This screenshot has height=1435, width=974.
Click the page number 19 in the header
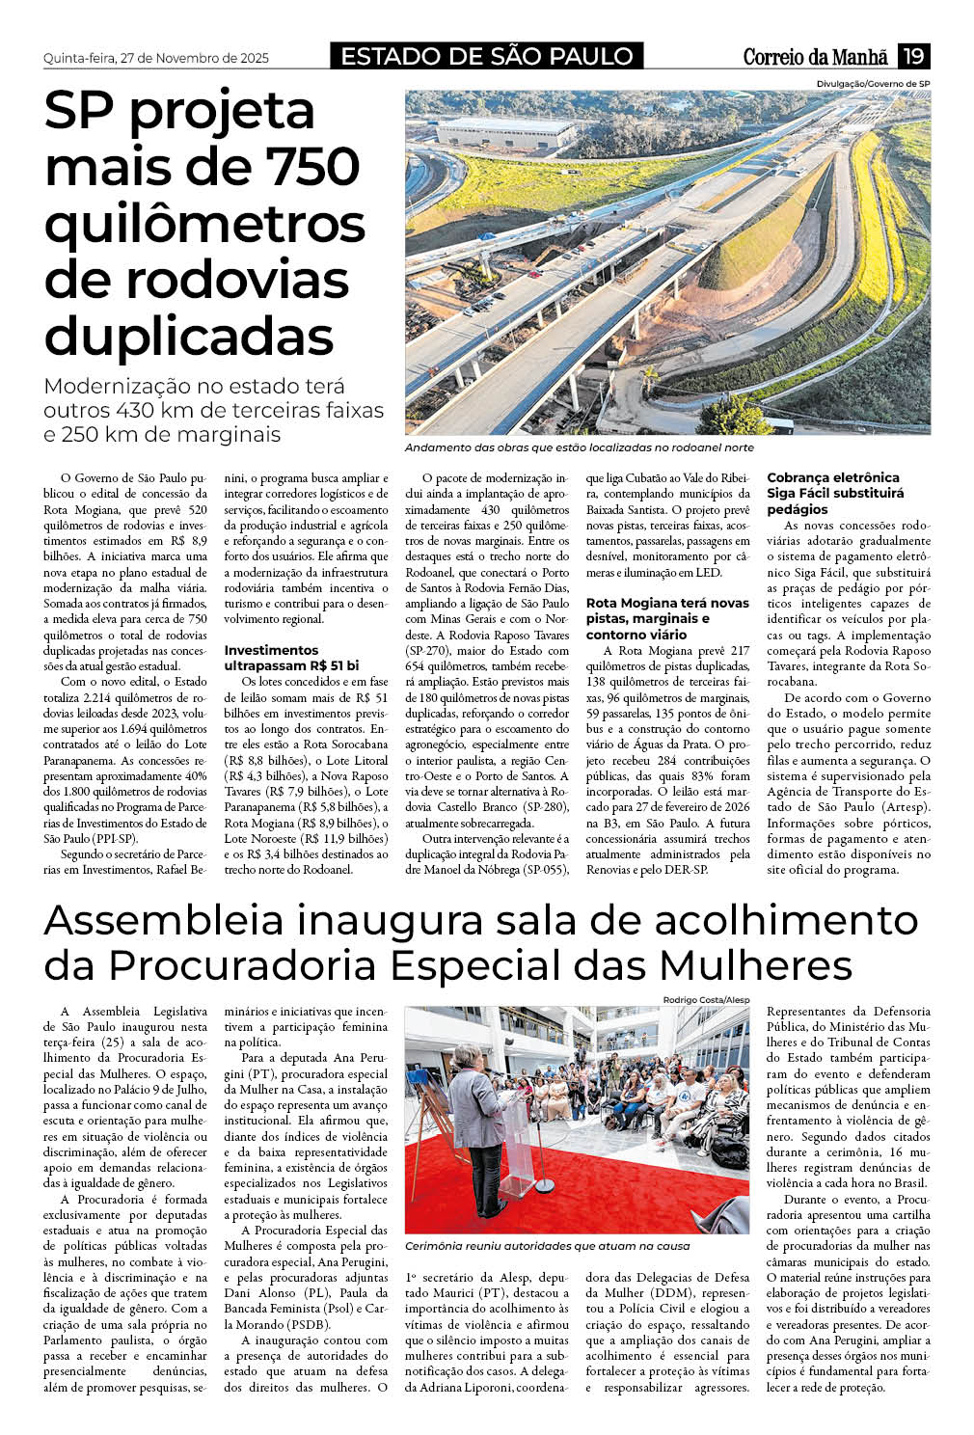coord(913,56)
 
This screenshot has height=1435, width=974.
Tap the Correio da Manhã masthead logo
coord(815,57)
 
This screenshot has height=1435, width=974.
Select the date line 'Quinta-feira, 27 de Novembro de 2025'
coord(156,58)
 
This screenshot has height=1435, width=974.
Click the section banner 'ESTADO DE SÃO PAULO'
coord(487,57)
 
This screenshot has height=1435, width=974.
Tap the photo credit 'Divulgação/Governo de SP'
coord(873,84)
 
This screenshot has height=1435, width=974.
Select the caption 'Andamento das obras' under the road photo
coord(579,448)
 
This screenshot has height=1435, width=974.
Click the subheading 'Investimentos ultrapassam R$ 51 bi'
coord(291,658)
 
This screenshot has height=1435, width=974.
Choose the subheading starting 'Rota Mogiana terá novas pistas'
coord(667,618)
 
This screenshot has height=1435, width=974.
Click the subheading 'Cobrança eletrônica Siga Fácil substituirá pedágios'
coord(835,493)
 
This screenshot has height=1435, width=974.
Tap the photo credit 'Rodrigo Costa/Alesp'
coord(706,1000)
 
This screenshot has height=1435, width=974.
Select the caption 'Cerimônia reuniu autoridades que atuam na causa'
coord(547,1246)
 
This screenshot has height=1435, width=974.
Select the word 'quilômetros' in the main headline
coord(204,223)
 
